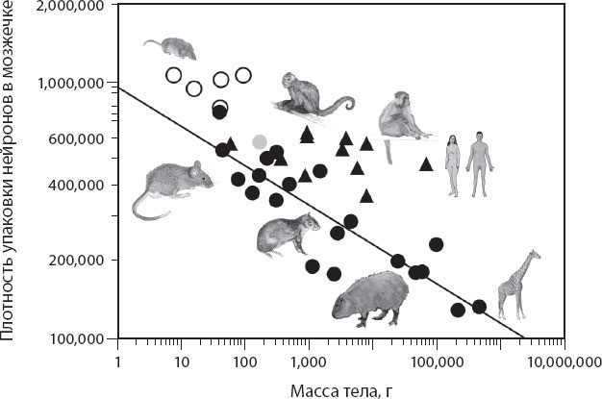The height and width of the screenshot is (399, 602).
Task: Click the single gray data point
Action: click(x=260, y=142)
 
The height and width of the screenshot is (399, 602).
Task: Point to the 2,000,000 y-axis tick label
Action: click(x=73, y=8)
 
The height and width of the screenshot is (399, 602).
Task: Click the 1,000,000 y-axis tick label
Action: click(x=73, y=85)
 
